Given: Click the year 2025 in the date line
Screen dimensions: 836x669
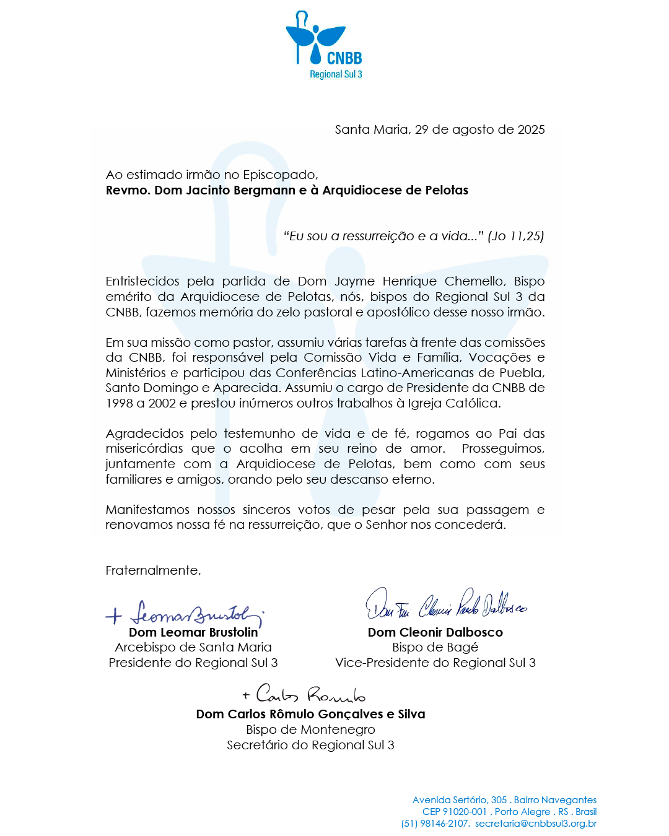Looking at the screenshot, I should [531, 129].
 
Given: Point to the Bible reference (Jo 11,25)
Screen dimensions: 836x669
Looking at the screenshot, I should [516, 236].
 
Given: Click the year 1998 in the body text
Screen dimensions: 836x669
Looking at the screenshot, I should [120, 403].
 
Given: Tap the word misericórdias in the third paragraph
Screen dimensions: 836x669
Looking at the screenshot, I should [144, 448].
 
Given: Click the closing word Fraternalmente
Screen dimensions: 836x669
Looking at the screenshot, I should [153, 570].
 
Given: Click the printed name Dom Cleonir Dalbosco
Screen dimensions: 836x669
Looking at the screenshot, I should [435, 632].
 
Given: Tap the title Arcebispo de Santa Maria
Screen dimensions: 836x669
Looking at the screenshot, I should [193, 647].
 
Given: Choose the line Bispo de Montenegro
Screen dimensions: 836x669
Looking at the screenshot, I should [310, 729].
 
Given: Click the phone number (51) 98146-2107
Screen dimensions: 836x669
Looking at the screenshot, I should [435, 824].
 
